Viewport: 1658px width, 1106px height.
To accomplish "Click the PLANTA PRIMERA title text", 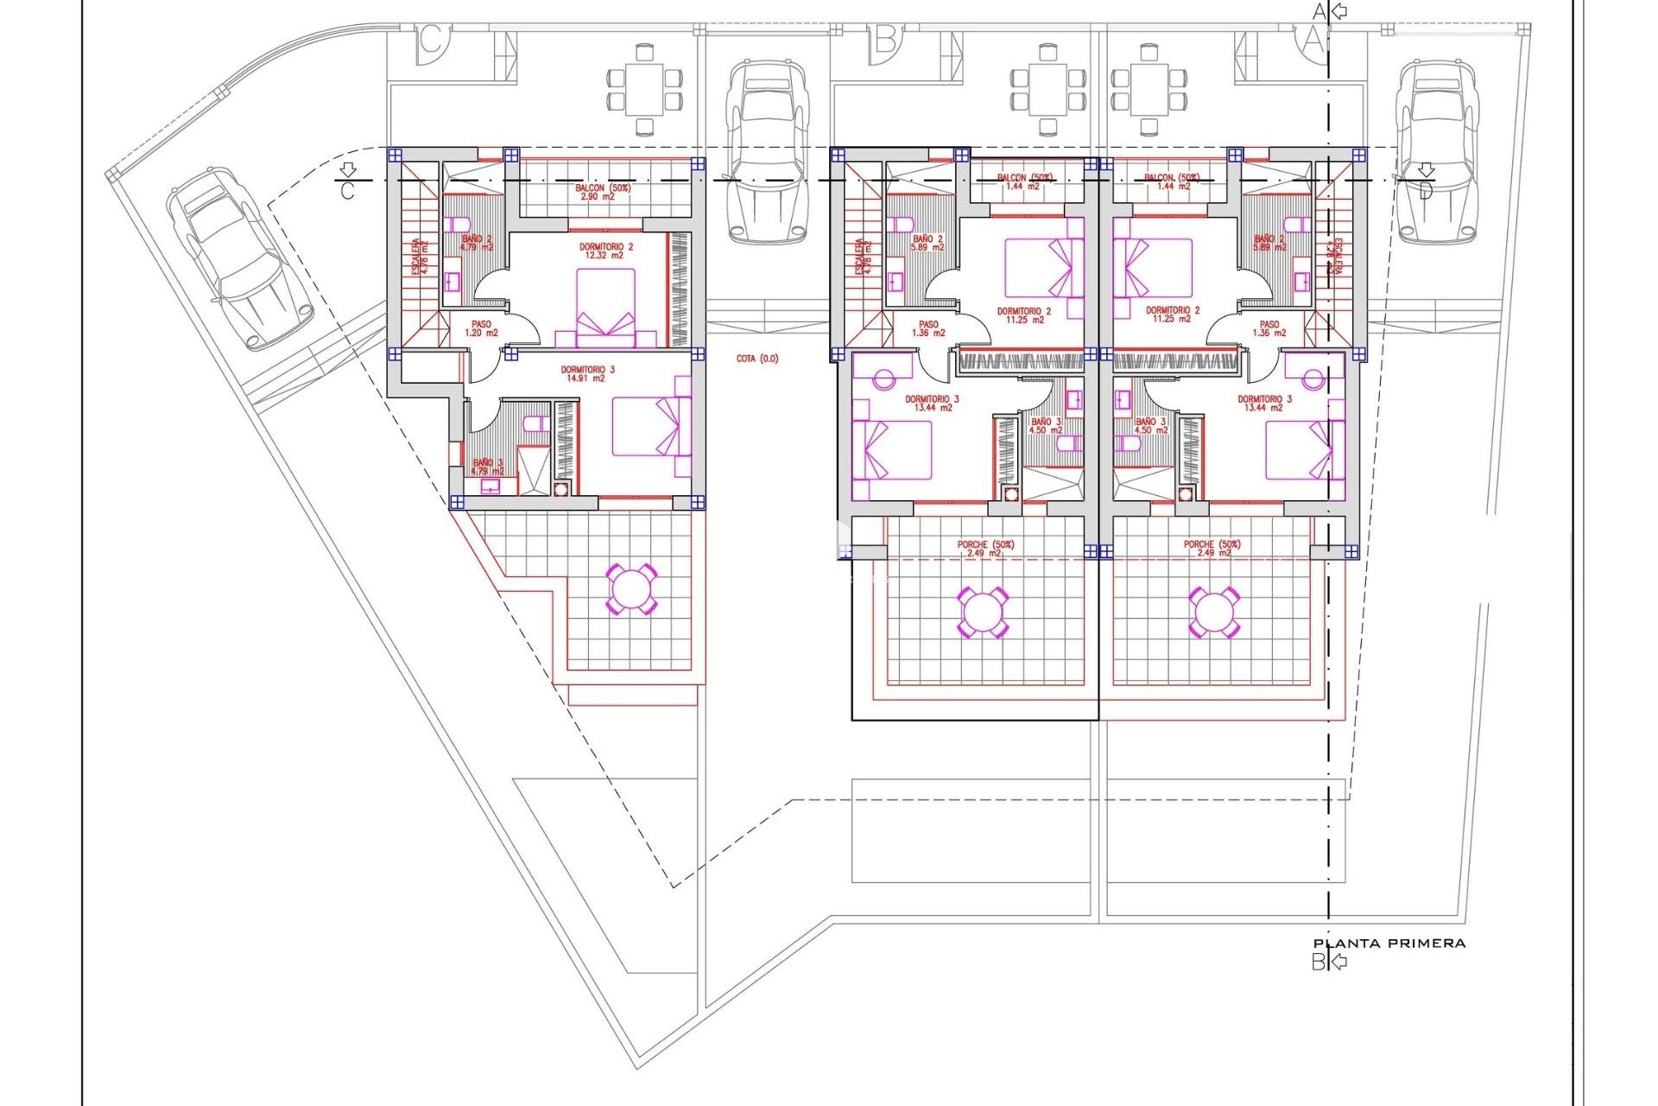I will (1389, 944).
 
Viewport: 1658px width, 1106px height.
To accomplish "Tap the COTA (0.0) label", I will (757, 359).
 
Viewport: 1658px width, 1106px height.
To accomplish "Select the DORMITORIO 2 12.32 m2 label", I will (606, 251).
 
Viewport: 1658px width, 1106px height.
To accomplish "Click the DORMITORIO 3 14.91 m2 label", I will (587, 374).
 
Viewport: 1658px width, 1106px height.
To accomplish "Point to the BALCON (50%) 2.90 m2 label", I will (603, 192).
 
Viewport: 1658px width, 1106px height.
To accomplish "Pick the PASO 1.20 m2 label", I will (481, 328).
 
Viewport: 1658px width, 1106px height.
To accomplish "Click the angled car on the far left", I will (239, 257).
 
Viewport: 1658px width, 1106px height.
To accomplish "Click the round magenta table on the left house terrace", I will (631, 589).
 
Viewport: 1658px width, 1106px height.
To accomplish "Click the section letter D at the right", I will (1426, 190).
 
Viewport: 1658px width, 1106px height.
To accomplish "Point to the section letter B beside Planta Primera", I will (1318, 962).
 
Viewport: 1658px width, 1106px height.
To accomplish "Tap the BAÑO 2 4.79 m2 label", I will (477, 243).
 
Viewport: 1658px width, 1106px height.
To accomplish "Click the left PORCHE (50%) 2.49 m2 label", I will (985, 549).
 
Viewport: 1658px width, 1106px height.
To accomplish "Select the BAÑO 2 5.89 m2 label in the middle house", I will (928, 243).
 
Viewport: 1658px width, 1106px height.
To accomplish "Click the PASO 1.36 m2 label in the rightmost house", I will (1269, 328).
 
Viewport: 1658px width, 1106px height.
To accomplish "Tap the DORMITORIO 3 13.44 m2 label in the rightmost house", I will (1264, 404).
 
